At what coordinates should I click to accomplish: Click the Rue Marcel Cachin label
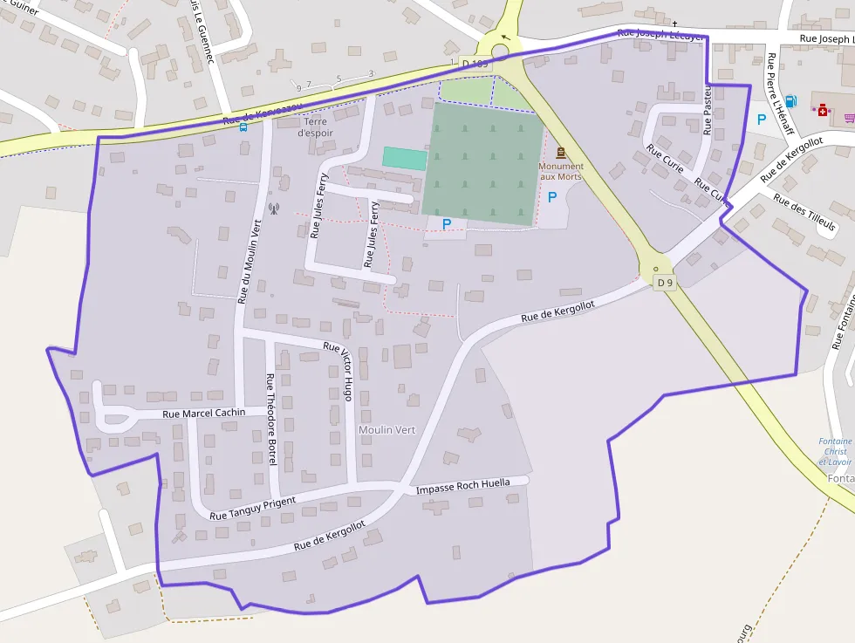204,413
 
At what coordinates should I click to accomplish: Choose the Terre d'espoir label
316,127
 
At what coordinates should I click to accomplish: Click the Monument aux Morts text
561,171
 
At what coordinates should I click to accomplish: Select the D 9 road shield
666,283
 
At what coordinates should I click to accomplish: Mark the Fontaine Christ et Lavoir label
835,451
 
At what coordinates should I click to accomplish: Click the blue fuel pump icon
790,101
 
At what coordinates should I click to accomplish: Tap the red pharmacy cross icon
822,110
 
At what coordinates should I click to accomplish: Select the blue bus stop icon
243,127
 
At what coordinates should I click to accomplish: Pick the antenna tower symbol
273,209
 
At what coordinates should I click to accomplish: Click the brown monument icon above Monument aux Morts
560,153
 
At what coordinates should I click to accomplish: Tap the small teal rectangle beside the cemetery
405,158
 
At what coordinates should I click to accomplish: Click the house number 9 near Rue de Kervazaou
298,87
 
